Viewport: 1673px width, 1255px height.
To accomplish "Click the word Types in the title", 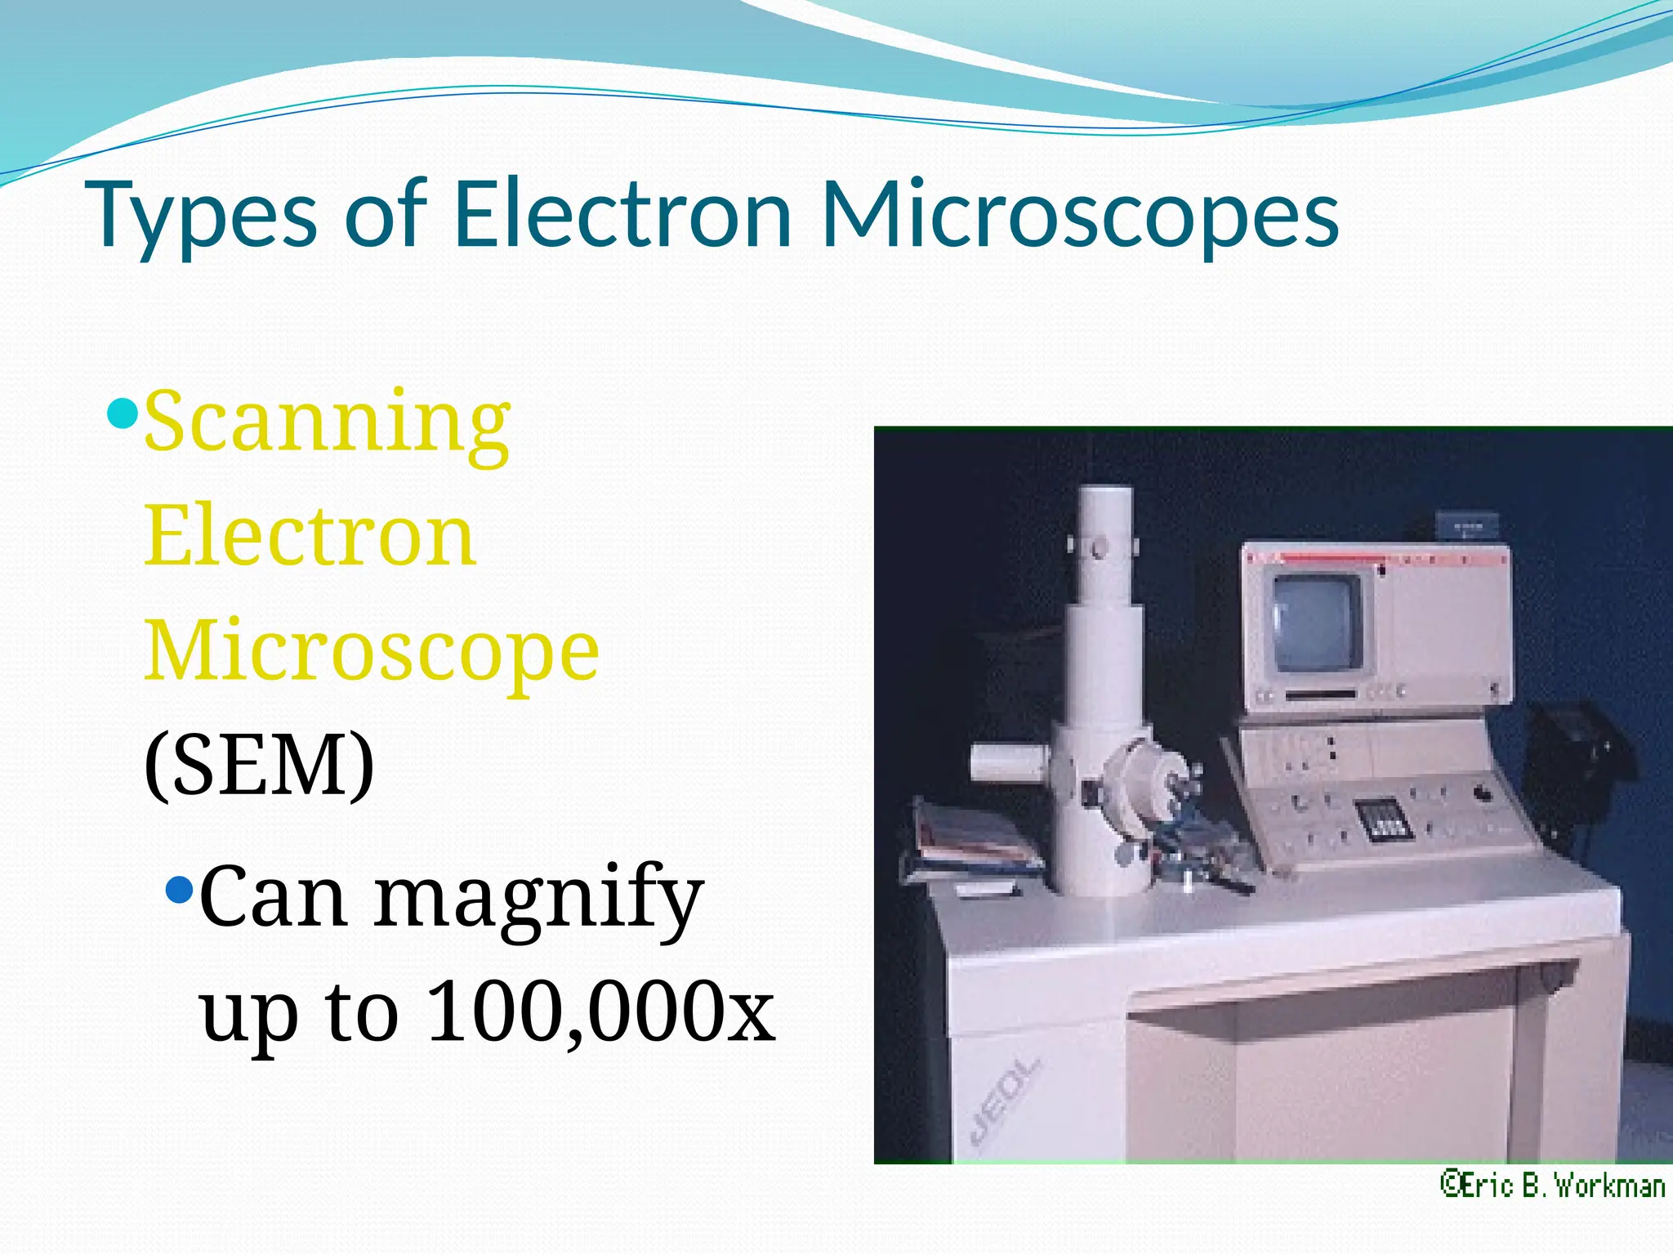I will pos(204,216).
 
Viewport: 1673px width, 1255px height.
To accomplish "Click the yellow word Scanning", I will pos(328,422).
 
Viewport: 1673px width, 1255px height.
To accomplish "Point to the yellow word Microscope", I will pos(372,651).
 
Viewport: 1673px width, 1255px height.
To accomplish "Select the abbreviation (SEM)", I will pos(259,766).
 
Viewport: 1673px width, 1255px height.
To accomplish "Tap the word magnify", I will pos(538,898).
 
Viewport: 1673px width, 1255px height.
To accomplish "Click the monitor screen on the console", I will pos(1315,621).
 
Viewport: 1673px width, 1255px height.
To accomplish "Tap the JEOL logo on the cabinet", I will pos(1004,1100).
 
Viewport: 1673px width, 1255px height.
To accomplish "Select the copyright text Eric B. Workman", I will pos(1551,1186).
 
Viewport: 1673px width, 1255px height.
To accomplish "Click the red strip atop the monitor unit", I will pos(1372,559).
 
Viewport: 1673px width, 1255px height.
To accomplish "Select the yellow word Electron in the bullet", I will pos(310,537).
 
